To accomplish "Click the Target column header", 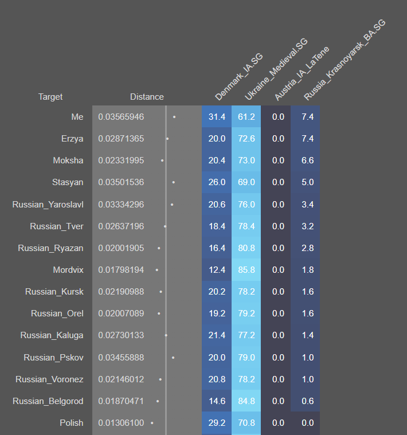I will tap(50, 97).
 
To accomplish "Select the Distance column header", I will tap(147, 97).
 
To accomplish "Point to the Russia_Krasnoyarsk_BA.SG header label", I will tap(344, 60).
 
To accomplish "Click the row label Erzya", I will tap(72, 139).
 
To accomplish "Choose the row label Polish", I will tap(72, 423).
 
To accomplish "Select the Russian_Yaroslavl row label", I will tap(48, 204).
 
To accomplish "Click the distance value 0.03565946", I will tap(121, 117).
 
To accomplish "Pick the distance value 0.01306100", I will tap(121, 423).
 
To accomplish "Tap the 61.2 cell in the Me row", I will tap(246, 117).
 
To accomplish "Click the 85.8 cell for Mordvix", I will tap(246, 270).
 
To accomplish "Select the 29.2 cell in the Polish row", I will tap(217, 423).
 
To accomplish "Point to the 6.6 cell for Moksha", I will tap(307, 160).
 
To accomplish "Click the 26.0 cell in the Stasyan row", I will tap(217, 182).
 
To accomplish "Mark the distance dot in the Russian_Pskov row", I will tap(173, 357).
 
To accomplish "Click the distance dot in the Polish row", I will tap(152, 423).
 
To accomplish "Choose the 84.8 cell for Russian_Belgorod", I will tap(246, 401).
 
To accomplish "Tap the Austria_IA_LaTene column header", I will tap(298, 75).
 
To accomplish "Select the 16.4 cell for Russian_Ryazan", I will tap(217, 248).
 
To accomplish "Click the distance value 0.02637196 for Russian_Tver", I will tap(121, 226).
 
